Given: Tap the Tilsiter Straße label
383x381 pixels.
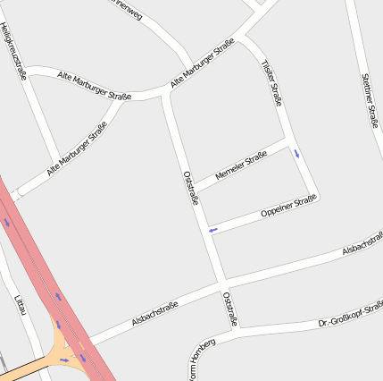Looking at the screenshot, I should [x=271, y=83].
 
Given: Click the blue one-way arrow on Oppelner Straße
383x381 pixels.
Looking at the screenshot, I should [x=212, y=231].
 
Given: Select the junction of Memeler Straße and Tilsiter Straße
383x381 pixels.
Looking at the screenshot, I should [x=289, y=141].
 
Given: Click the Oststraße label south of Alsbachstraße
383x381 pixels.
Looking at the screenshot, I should [x=229, y=308].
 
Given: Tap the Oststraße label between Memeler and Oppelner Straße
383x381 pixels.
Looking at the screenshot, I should [x=190, y=188].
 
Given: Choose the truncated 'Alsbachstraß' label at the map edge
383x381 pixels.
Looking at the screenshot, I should [x=362, y=250].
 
